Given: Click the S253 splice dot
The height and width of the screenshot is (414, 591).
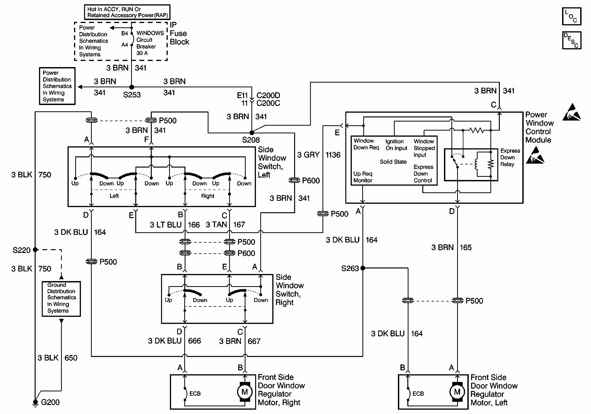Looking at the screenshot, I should (x=132, y=87).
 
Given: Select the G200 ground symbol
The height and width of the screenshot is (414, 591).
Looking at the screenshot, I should (x=35, y=403).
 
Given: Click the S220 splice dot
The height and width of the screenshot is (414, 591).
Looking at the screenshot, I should (x=35, y=250).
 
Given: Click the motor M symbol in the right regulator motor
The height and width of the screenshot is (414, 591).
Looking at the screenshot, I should (x=245, y=392).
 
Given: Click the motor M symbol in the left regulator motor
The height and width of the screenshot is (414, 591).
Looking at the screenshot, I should (x=457, y=392).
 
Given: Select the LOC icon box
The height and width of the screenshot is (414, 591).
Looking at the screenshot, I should (x=572, y=16).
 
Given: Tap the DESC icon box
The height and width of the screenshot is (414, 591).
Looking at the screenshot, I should (x=572, y=40).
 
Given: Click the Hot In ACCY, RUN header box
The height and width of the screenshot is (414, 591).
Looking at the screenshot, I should (x=127, y=12).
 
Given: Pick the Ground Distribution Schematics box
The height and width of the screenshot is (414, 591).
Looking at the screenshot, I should (x=61, y=299).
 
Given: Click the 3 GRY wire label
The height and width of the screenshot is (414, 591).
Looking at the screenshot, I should (x=308, y=155).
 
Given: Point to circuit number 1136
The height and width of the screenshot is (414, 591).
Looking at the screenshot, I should (x=333, y=155).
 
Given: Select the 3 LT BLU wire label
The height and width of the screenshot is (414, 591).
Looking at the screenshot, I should (x=166, y=225).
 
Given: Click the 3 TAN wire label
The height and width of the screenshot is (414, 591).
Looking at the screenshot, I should (x=216, y=225).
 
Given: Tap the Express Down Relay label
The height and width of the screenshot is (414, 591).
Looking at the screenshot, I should (x=510, y=157).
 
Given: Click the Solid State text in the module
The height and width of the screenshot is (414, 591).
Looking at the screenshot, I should (x=393, y=162).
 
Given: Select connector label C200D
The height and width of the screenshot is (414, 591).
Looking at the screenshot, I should (x=268, y=95).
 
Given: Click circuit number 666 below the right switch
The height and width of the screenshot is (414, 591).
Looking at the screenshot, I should (x=194, y=341).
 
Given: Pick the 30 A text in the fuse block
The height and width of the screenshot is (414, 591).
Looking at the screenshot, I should (x=142, y=53).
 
